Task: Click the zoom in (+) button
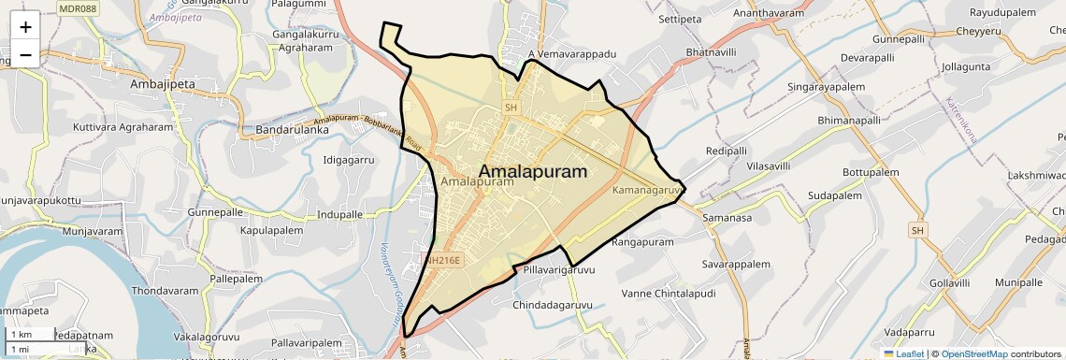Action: coord(25,27)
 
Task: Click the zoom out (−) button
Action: coord(25,54)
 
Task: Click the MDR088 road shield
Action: coord(77,7)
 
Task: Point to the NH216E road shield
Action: coord(442,261)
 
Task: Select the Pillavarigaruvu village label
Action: coord(559,270)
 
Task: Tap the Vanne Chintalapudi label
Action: coord(668,293)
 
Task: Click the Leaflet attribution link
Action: coord(903,353)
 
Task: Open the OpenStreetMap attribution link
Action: coord(973,353)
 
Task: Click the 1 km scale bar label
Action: coord(21,334)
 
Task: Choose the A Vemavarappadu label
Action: coord(572,54)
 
